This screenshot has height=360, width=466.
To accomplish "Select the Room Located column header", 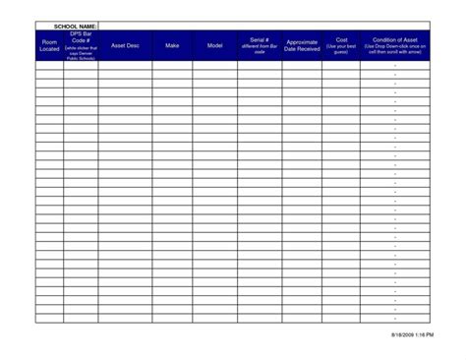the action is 49,45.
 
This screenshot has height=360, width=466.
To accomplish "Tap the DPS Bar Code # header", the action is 81,45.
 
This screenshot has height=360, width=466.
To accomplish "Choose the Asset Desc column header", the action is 125,45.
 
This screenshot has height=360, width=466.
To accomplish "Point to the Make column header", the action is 172,45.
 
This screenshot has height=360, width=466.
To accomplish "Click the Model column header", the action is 214,45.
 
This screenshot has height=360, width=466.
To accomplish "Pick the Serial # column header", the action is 260,45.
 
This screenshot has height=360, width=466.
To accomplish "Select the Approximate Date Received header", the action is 302,45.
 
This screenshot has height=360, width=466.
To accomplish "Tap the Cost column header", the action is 341,40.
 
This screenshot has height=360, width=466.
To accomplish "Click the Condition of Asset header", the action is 394,45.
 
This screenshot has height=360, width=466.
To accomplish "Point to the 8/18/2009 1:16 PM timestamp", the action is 407,335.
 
